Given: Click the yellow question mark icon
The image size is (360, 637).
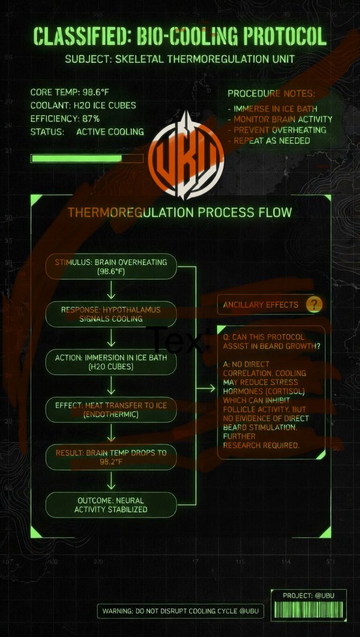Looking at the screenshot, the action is pyautogui.click(x=314, y=305).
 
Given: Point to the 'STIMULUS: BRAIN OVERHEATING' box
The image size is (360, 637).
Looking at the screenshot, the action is pyautogui.click(x=111, y=266).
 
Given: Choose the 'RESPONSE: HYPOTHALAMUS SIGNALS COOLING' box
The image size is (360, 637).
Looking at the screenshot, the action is pyautogui.click(x=111, y=314).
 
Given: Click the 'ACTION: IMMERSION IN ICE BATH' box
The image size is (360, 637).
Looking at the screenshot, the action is pyautogui.click(x=111, y=362).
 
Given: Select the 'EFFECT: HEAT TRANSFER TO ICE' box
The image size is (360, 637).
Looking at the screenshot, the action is pyautogui.click(x=111, y=410).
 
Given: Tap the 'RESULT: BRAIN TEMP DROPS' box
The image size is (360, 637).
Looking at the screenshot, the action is pyautogui.click(x=111, y=457).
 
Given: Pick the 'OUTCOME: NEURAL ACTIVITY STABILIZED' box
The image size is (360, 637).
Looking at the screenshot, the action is pyautogui.click(x=111, y=505).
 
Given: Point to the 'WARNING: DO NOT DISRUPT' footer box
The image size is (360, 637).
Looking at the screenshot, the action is pyautogui.click(x=181, y=611).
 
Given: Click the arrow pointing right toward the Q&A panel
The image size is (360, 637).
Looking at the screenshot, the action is pyautogui.click(x=205, y=388).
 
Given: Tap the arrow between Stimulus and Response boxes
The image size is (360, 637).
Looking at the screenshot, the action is pyautogui.click(x=111, y=290).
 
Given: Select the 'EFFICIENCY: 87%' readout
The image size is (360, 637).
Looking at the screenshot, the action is pyautogui.click(x=65, y=118).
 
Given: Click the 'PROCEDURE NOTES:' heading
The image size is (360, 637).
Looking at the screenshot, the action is pyautogui.click(x=271, y=93).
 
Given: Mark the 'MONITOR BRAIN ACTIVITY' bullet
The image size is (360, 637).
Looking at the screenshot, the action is pyautogui.click(x=283, y=119).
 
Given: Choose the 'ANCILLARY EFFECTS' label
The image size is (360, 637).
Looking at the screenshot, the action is pyautogui.click(x=261, y=305).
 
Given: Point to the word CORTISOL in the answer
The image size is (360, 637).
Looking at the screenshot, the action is pyautogui.click(x=285, y=391).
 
